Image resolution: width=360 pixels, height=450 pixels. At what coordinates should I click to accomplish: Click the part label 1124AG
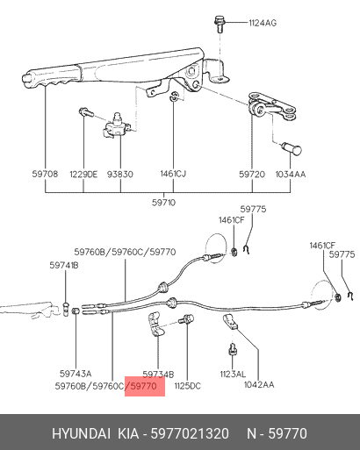click(x=263, y=23)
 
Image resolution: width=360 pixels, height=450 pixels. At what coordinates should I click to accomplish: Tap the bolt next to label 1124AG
click(x=219, y=24)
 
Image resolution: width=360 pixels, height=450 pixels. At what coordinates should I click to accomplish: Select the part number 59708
click(x=45, y=174)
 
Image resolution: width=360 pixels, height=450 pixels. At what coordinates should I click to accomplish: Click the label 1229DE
click(x=83, y=175)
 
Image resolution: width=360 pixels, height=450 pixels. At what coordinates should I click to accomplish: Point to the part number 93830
click(x=120, y=175)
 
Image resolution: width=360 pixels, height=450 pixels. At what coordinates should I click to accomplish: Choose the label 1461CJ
click(x=173, y=174)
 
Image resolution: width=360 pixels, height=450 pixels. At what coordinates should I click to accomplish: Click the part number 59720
click(x=252, y=175)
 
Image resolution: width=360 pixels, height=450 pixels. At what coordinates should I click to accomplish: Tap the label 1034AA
click(x=291, y=175)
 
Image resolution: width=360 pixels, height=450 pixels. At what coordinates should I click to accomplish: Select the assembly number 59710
click(x=163, y=203)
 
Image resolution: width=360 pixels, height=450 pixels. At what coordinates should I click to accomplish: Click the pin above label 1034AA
click(x=292, y=148)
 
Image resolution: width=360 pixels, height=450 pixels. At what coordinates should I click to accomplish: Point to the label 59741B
click(x=64, y=266)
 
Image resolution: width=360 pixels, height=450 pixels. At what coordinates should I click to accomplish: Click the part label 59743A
click(x=76, y=374)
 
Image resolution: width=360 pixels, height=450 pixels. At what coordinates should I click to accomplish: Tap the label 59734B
click(x=158, y=375)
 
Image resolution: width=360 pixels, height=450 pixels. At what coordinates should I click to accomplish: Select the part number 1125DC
click(x=188, y=386)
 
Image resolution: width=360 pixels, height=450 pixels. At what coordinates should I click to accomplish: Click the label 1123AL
click(x=233, y=374)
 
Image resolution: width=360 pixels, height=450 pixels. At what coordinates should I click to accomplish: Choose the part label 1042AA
click(x=259, y=385)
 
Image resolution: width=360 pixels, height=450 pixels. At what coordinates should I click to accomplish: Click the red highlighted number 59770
click(x=143, y=386)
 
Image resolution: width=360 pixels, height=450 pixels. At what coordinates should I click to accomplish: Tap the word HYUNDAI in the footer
click(x=82, y=433)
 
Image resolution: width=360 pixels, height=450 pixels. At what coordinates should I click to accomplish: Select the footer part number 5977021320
click(x=190, y=433)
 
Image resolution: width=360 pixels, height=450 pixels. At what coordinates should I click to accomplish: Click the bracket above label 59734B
click(x=156, y=325)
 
